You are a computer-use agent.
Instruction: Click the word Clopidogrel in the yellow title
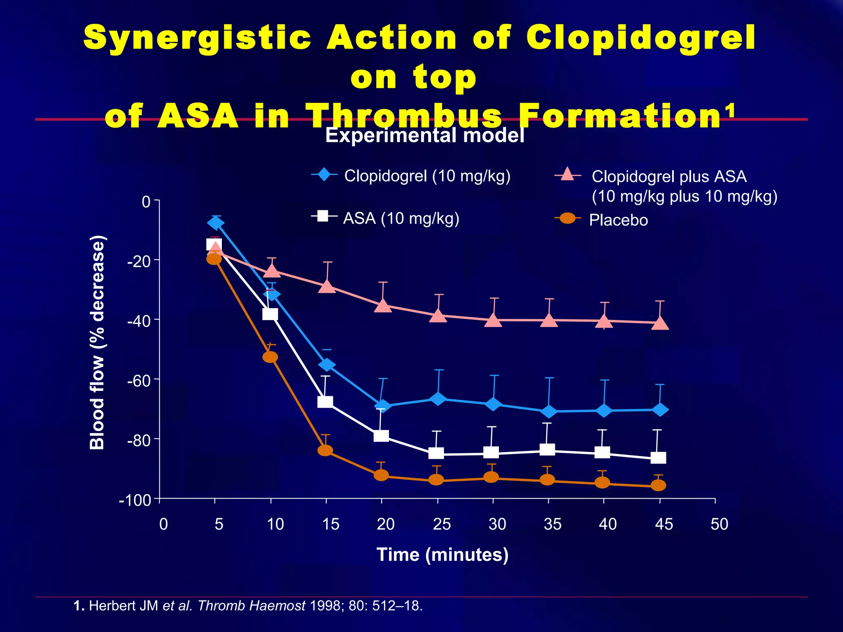640,38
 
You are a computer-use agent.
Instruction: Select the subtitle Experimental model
425,135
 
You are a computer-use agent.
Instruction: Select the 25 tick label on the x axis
442,524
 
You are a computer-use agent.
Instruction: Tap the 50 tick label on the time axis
719,524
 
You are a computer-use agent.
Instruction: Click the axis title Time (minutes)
442,555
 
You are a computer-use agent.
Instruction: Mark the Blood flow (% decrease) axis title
97,342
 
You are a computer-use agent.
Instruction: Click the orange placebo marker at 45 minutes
658,486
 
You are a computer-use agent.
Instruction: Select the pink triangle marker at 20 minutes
383,306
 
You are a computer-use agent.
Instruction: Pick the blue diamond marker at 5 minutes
216,223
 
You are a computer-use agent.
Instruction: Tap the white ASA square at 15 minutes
325,402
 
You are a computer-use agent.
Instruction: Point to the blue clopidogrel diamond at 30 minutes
493,404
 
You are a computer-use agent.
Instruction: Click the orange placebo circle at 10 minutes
270,357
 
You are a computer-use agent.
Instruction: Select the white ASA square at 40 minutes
602,453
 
